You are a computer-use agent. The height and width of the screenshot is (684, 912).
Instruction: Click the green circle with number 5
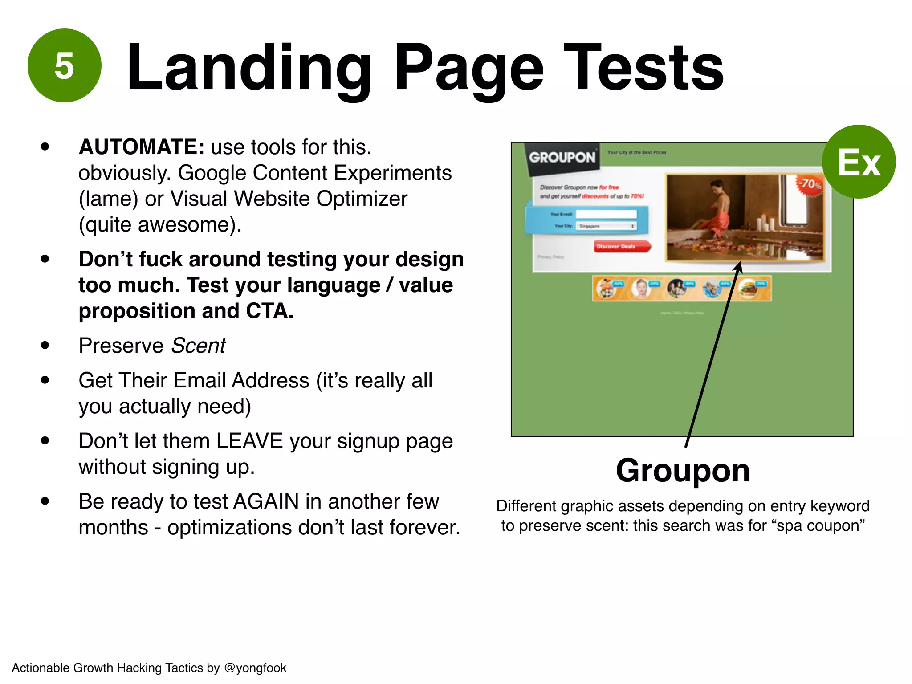[x=65, y=66]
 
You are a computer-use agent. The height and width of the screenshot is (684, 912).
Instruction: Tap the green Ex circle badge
[x=858, y=162]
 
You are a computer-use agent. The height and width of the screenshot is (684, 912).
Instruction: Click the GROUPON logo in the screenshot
[x=562, y=157]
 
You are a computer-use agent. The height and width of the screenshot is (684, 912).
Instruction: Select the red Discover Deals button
[x=621, y=246]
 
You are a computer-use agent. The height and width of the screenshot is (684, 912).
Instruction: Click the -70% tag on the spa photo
[x=808, y=184]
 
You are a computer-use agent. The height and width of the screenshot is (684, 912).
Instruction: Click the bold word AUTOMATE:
[x=141, y=147]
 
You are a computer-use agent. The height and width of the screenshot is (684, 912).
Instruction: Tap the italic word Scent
[x=198, y=346]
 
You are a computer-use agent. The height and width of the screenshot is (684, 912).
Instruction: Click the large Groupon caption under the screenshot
[x=682, y=470]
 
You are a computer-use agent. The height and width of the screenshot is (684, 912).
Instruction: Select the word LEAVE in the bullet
[x=249, y=441]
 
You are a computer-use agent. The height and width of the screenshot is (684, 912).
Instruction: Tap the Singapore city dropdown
[x=606, y=226]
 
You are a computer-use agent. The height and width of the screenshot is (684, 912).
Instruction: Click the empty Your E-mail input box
[x=606, y=214]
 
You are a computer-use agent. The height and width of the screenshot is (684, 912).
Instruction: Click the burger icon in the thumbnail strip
[x=748, y=289]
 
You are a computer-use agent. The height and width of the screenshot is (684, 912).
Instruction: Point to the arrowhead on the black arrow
[x=738, y=266]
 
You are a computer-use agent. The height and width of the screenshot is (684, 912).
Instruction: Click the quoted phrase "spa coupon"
[x=821, y=525]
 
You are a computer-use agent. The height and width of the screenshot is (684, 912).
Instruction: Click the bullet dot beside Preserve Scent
[x=45, y=345]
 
